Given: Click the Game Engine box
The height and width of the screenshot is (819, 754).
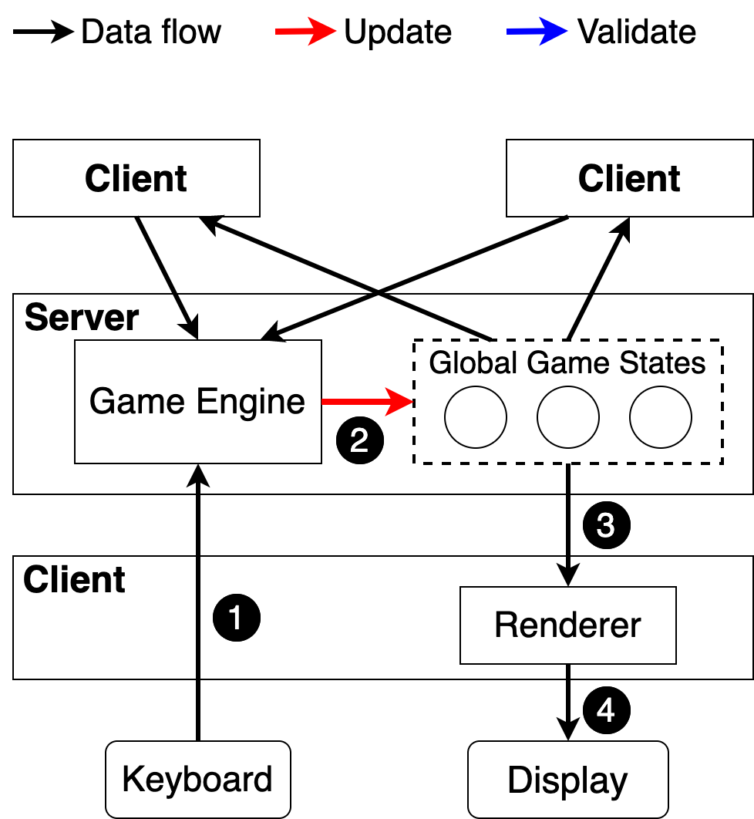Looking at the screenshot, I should coord(197,401).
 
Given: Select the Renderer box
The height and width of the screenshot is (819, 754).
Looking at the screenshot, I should coord(567,625).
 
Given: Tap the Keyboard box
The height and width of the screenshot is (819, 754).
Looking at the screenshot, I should coord(197,779).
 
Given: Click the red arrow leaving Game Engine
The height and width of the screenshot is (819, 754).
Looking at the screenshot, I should coord(367,402).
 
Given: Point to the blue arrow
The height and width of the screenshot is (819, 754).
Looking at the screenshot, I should coord(537,32).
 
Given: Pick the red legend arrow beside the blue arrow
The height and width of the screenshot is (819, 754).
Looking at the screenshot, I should coord(305,32).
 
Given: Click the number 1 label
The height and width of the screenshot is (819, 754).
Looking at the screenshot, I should coord(236,618).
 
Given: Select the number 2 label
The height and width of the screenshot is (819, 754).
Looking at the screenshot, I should coord(358,441).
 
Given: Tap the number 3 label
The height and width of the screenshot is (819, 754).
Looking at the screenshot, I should coord(605,526).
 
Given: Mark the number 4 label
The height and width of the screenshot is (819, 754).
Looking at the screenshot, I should coord(605,710).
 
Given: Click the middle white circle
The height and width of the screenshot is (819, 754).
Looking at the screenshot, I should coord(568,417).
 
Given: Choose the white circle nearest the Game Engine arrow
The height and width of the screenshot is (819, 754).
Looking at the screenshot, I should coord(476,417).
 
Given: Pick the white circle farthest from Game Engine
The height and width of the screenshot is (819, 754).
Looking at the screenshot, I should coord(661,417).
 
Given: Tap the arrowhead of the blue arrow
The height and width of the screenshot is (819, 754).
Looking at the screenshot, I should coord(555,32).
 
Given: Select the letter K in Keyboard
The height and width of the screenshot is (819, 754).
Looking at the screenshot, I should coord(132,779).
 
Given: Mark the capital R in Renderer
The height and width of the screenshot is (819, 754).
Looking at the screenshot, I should coord(504,625).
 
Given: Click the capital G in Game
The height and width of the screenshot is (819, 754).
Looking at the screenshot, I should coord(100,402).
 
